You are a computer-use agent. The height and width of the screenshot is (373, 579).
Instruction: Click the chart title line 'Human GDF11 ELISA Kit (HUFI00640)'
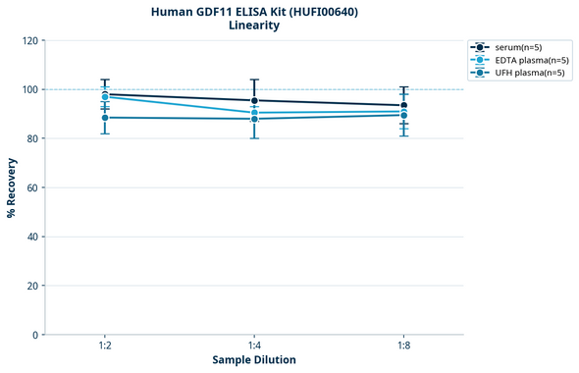point(254,12)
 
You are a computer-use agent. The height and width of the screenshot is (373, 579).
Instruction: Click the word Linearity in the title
point(254,27)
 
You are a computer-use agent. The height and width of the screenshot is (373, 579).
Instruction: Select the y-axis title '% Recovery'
point(12,187)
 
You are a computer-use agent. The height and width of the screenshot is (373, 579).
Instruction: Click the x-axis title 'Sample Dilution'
point(254,360)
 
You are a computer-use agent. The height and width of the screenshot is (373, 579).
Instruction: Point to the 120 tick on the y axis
point(29,40)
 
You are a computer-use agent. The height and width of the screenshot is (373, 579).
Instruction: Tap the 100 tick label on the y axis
point(29,89)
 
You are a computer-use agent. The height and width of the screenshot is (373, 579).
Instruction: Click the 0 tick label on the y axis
point(35,335)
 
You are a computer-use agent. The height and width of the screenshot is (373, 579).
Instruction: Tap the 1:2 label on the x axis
point(105,346)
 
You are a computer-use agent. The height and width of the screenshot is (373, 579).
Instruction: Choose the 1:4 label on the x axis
point(254,346)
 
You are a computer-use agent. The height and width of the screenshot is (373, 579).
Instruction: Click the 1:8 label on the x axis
point(403,346)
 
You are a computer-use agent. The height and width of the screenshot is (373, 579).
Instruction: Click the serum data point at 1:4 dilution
point(254,100)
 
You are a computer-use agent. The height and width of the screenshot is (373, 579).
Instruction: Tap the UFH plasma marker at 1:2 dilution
point(105,118)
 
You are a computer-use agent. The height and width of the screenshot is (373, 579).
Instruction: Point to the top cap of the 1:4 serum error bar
point(254,80)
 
